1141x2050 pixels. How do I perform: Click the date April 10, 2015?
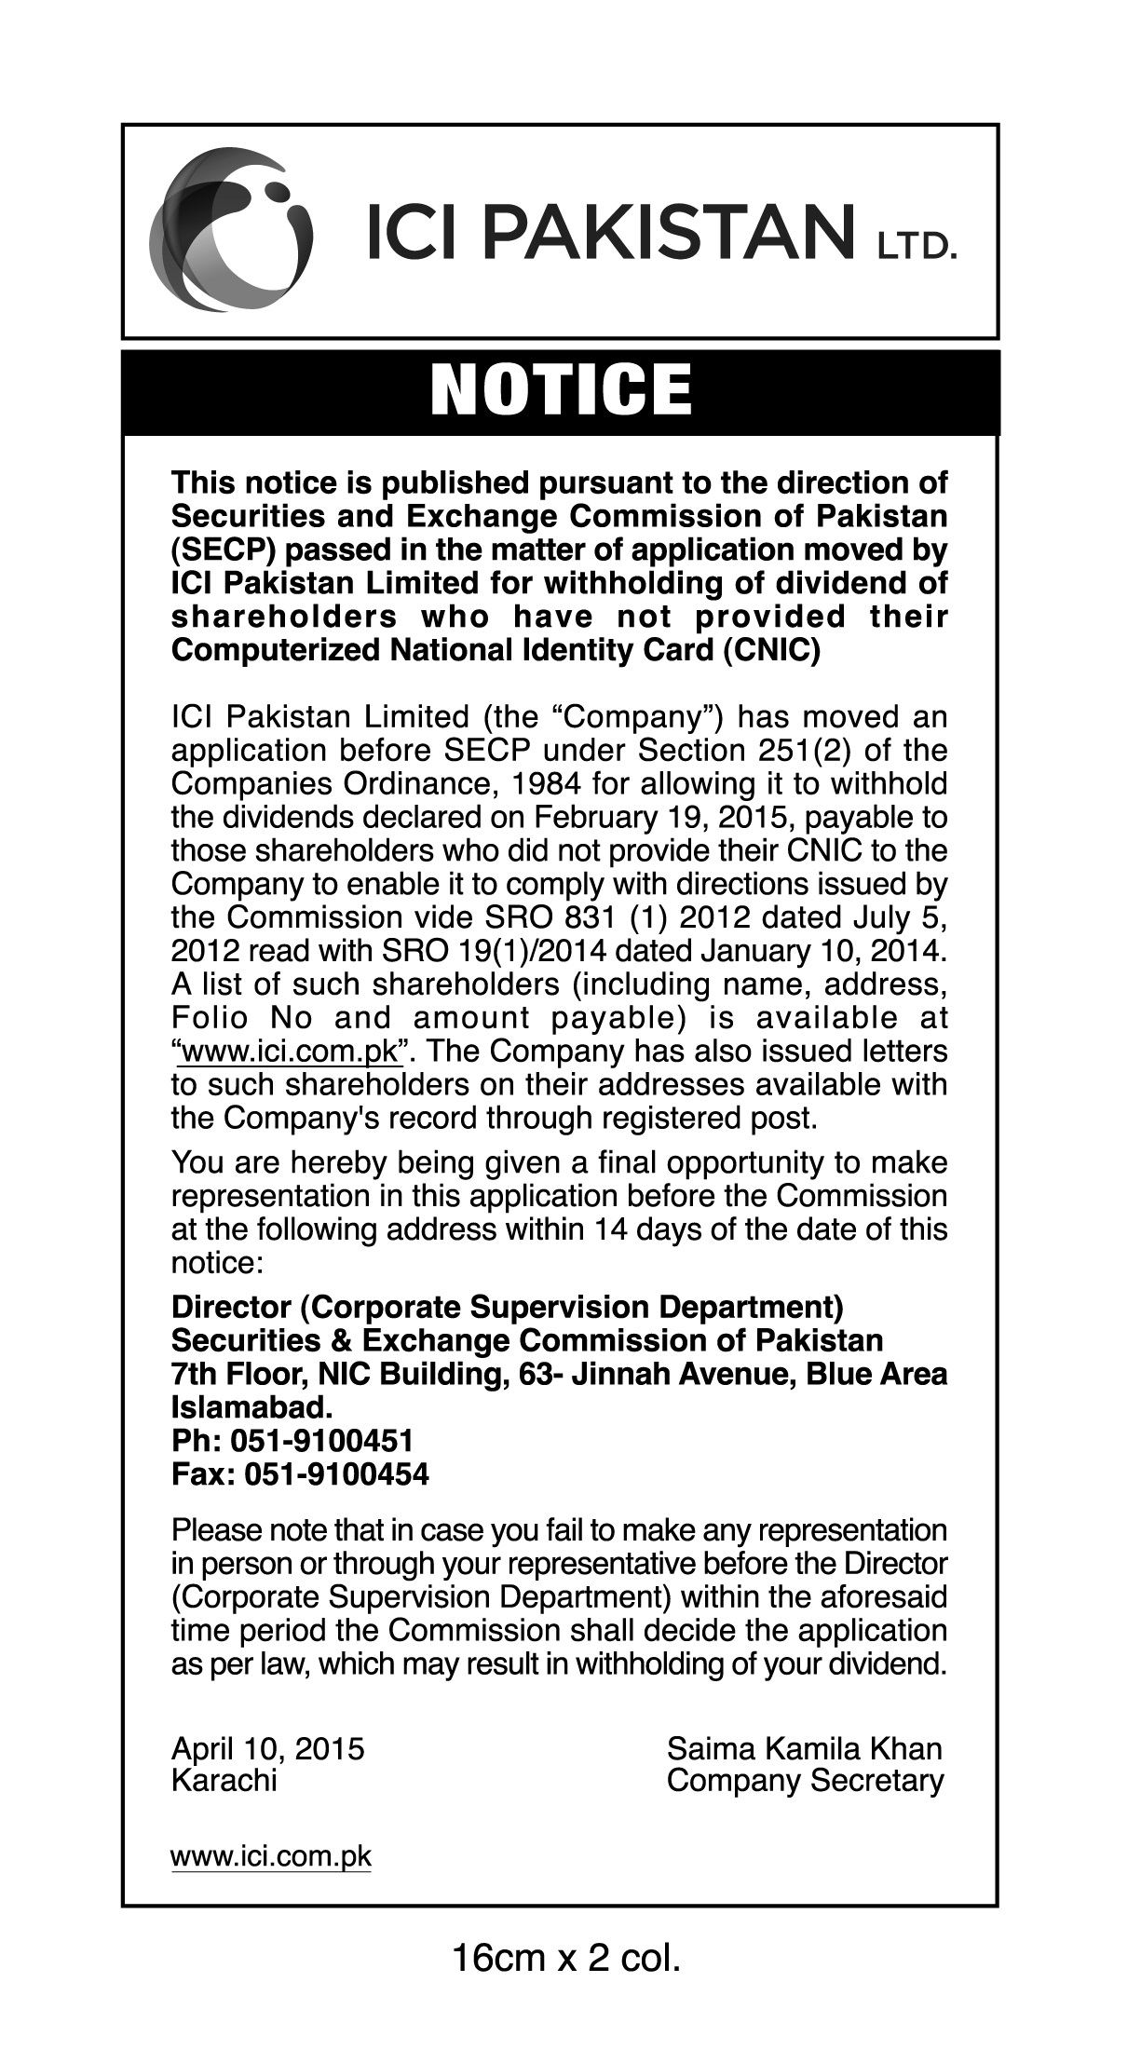tap(267, 1748)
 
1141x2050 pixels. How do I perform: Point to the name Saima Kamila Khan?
tap(805, 1748)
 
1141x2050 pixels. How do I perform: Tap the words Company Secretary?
tap(805, 1781)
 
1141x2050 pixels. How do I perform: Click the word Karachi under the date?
tap(224, 1781)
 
